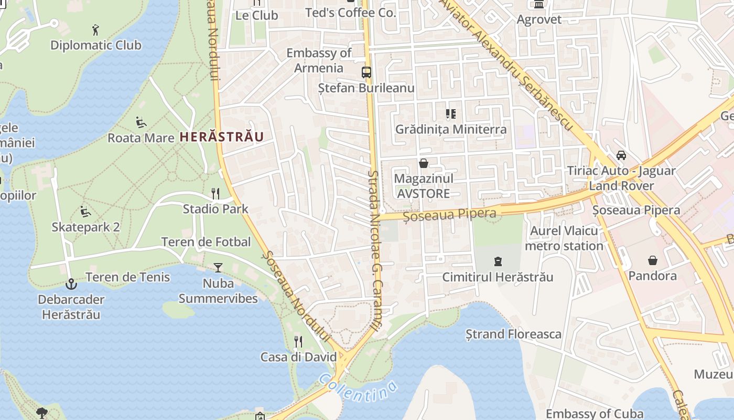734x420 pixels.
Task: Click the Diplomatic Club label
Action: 95,45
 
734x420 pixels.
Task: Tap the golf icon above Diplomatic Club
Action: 95,29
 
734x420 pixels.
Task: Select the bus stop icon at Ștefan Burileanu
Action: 366,72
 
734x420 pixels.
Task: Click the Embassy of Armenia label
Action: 319,60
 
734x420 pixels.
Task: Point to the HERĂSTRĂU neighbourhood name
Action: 221,137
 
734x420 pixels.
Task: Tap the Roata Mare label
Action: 141,138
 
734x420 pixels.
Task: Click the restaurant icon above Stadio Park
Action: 215,193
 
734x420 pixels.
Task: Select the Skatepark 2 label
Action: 85,227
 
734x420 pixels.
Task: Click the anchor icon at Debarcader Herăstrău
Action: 71,284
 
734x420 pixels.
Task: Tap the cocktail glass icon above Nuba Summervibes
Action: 218,268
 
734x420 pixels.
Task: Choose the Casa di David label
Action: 298,357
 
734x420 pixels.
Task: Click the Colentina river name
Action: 358,388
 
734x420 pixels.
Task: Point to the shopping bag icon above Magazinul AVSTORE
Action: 424,164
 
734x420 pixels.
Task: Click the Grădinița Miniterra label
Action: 451,129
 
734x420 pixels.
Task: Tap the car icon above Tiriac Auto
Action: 621,155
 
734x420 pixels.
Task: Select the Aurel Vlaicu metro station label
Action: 564,238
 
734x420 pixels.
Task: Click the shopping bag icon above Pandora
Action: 653,260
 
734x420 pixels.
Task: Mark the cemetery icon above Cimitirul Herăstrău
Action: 498,261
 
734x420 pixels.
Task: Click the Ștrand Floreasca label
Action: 513,334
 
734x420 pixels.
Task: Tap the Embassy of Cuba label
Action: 595,414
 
